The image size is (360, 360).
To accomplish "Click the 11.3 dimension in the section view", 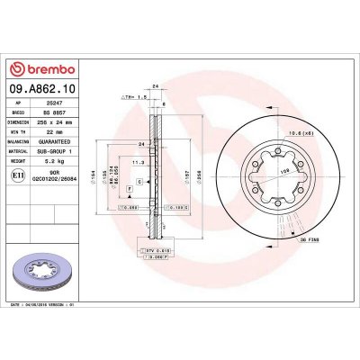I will point(140,162).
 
